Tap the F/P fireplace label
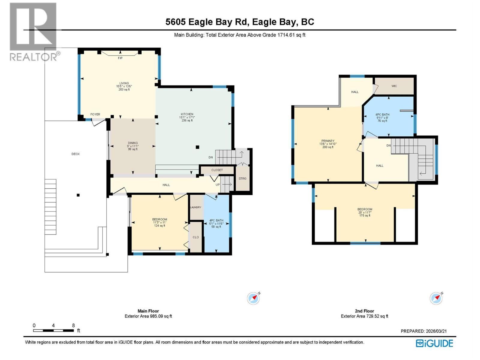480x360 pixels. pyautogui.click(x=120, y=58)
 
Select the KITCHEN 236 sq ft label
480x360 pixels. pyautogui.click(x=187, y=117)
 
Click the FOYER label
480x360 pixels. pyautogui.click(x=95, y=114)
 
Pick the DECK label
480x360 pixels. pyautogui.click(x=76, y=154)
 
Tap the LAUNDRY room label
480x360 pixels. pyautogui.click(x=196, y=207)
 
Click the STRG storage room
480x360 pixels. pyautogui.click(x=242, y=178)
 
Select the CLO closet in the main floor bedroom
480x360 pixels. pyautogui.click(x=196, y=237)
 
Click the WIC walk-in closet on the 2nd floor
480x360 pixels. pyautogui.click(x=394, y=86)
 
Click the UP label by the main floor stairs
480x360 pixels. pyautogui.click(x=218, y=185)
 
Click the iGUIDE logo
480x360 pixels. pyautogui.click(x=434, y=343)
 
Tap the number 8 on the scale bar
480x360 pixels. pyautogui.click(x=73, y=325)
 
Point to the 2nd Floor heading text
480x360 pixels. pyautogui.click(x=364, y=311)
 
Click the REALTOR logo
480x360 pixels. pyautogui.click(x=33, y=31)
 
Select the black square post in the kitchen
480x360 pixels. pyautogui.click(x=197, y=147)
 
